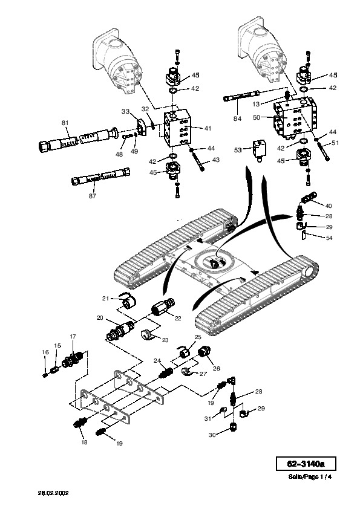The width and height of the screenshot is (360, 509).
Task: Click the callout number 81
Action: coord(65,123)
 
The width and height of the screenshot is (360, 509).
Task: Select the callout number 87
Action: coord(93,196)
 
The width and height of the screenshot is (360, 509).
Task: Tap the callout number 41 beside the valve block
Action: coord(208,128)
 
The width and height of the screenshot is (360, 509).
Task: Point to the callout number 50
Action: coord(257,117)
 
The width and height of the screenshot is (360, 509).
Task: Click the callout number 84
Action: coord(238,118)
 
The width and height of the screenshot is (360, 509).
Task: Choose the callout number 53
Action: coord(238,150)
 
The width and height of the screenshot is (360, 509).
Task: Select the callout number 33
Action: coord(125,111)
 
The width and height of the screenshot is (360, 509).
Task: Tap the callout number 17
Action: coord(73,336)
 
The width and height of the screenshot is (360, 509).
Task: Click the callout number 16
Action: coord(45,352)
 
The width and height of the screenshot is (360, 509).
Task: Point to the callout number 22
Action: coord(178,318)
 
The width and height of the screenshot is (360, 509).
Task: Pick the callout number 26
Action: coord(217,368)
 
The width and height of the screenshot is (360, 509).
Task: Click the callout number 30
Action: coord(212,435)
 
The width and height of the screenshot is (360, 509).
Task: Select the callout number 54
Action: coord(329,238)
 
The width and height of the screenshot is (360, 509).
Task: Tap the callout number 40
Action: coord(329,206)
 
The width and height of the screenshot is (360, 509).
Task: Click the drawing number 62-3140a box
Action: coord(306,464)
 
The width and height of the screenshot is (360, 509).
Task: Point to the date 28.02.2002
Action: coord(53,493)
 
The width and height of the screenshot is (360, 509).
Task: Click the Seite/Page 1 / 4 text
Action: coord(310,477)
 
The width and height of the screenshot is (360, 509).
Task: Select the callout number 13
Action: coord(256,104)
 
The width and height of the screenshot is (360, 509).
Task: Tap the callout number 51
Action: coord(335,143)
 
